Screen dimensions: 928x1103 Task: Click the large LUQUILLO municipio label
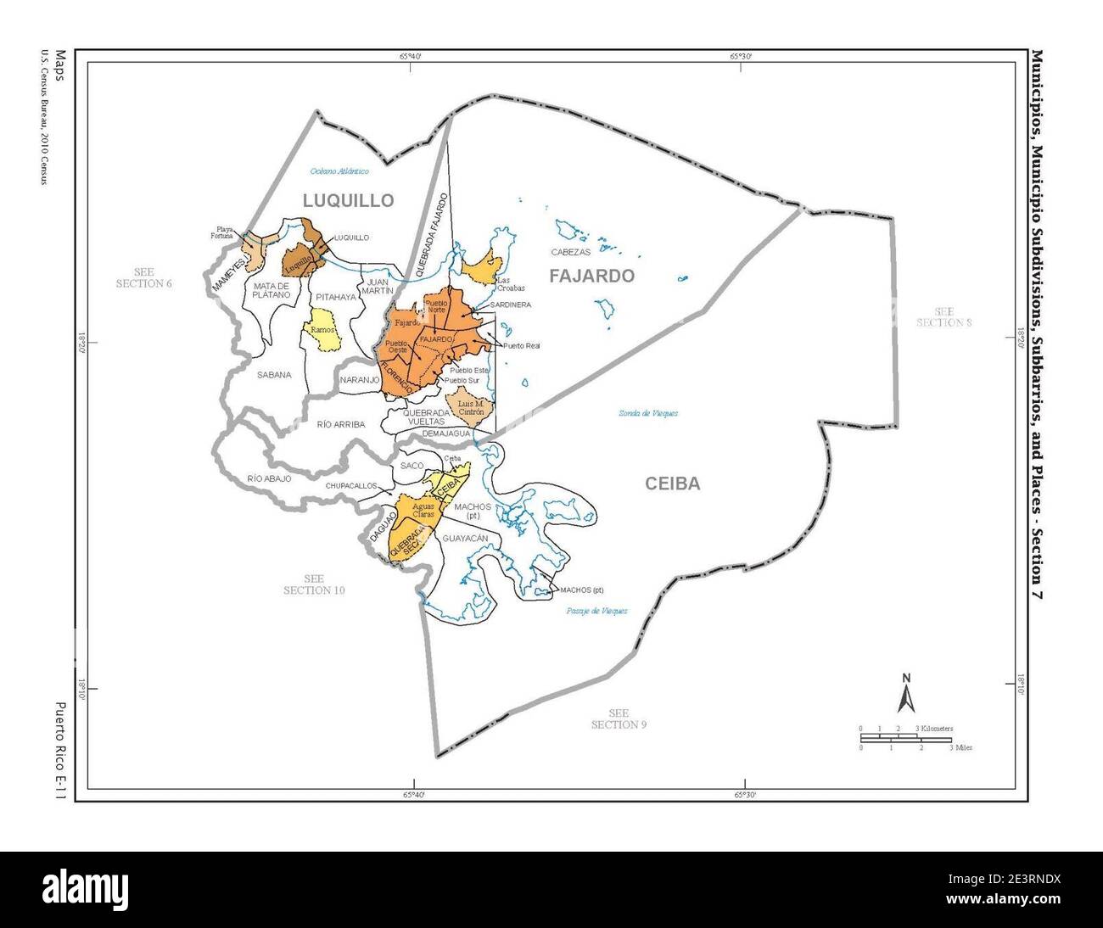point(349,201)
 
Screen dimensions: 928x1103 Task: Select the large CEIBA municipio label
point(672,484)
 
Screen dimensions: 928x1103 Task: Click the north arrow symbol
point(906,693)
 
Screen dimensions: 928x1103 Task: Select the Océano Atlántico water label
point(339,171)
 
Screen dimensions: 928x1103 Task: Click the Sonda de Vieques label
point(647,413)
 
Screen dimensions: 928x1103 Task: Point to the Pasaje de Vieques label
point(596,611)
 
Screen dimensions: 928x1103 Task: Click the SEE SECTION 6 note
point(143,277)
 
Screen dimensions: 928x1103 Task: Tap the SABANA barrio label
point(273,374)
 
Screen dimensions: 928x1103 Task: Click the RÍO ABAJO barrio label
point(270,478)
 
